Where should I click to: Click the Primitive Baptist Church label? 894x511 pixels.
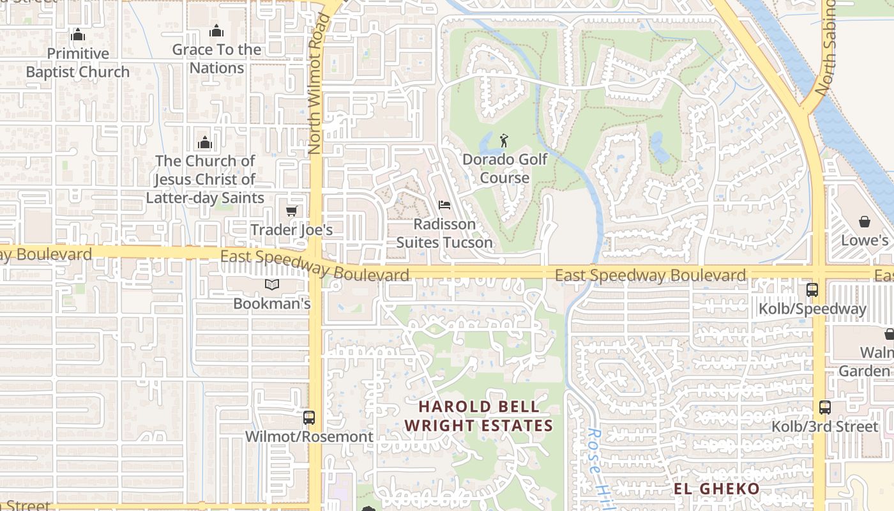(x=77, y=63)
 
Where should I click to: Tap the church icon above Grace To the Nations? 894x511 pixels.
(x=216, y=31)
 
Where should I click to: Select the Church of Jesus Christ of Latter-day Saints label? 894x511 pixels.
(x=205, y=179)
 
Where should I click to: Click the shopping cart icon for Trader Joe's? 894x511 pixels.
(x=292, y=211)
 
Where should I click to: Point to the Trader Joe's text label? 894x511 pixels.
(x=291, y=230)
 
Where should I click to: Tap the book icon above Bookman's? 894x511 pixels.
(x=272, y=284)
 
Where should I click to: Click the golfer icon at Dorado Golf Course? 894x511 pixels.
(x=504, y=141)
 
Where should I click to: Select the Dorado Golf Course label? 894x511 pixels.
(x=504, y=169)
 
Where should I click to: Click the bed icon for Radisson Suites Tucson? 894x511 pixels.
(x=444, y=205)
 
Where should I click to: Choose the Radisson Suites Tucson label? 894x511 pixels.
(x=444, y=233)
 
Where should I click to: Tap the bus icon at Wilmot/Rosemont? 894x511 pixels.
(x=309, y=418)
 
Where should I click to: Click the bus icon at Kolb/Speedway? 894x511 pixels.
(x=812, y=290)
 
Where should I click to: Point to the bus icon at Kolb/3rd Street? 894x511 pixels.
(x=825, y=407)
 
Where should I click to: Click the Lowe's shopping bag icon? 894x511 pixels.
(x=865, y=222)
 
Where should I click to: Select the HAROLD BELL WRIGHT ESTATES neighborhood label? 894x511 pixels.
(x=478, y=416)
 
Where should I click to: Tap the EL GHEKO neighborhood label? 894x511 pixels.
(x=717, y=489)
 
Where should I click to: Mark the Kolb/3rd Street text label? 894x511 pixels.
(x=825, y=427)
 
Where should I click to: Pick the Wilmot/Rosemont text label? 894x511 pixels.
(x=310, y=437)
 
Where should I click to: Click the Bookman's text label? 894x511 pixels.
(x=272, y=303)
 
